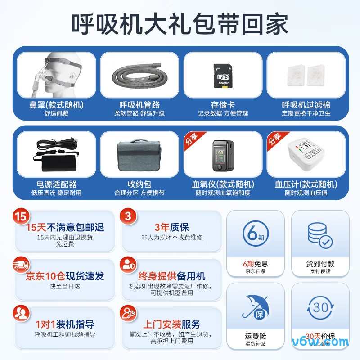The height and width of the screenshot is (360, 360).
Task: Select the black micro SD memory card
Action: pyautogui.click(x=222, y=74)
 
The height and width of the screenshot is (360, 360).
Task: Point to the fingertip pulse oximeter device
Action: pyautogui.click(x=222, y=155)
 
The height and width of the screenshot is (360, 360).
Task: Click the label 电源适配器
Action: pyautogui.click(x=56, y=184)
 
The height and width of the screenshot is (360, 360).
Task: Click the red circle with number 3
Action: pyautogui.click(x=127, y=216)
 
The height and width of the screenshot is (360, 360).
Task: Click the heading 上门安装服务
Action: pyautogui.click(x=172, y=324)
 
